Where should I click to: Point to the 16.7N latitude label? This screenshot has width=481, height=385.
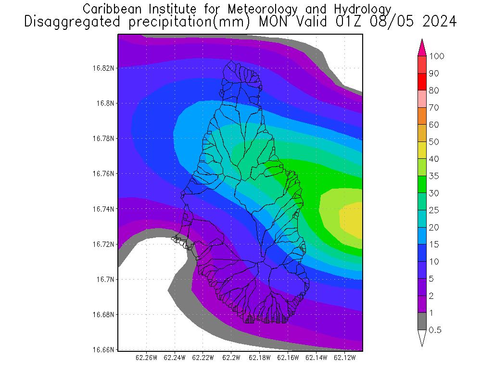[x=105, y=280]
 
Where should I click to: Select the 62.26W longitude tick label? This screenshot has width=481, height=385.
[x=147, y=358]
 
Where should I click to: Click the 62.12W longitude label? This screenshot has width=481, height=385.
[x=345, y=358]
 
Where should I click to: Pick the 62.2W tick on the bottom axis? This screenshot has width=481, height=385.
[x=231, y=358]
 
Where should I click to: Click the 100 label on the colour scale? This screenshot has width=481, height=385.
[x=437, y=56]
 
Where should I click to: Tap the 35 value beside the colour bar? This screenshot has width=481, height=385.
[x=434, y=176]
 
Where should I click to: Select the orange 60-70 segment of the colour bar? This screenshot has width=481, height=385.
[x=422, y=116]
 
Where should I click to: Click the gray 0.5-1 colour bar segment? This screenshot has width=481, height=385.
[x=422, y=321]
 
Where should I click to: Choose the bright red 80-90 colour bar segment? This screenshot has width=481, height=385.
[x=422, y=82]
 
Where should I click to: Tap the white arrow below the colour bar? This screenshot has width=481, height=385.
[x=422, y=338]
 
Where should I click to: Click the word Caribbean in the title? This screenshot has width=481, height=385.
[x=106, y=9]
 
